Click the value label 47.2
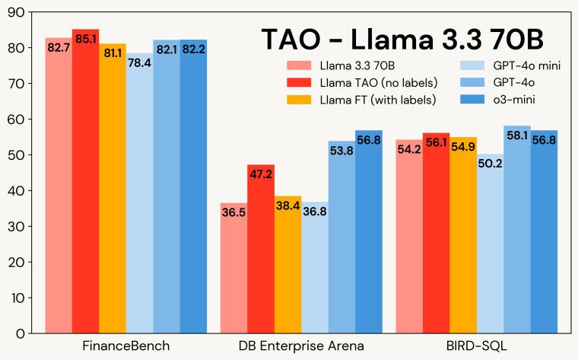tap(261, 174)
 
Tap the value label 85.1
tap(85, 38)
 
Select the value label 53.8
tap(341, 151)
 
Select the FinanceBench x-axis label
tap(126, 346)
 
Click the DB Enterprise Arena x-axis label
tap(301, 346)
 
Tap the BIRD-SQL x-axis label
tap(476, 346)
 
